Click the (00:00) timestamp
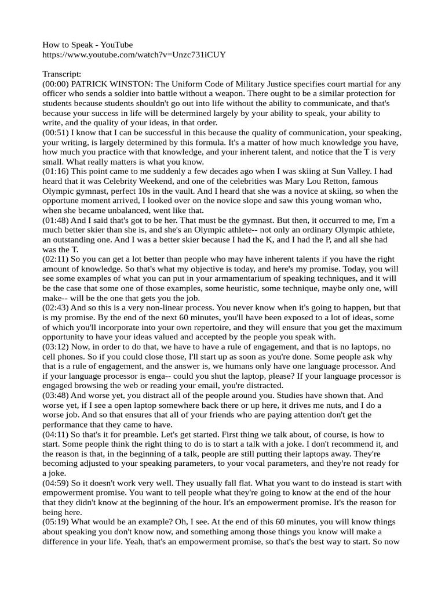(x=56, y=84)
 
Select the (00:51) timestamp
(x=56, y=133)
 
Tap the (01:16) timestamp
(x=56, y=172)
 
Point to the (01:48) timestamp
(x=56, y=221)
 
